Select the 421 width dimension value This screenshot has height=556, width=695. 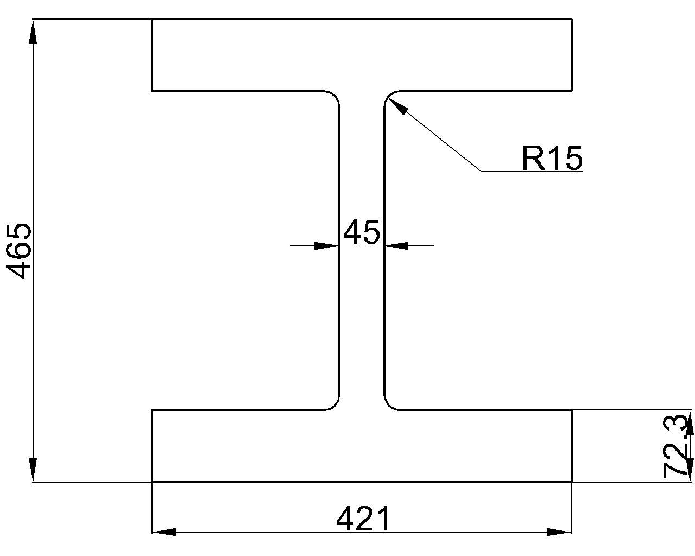coord(363,520)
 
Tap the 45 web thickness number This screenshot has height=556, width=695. coord(362,232)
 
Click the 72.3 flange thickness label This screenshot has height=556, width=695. coord(675,447)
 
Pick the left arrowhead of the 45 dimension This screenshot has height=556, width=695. coord(327,246)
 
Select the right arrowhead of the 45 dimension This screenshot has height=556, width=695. coord(397,246)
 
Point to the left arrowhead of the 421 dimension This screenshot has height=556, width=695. coord(163,532)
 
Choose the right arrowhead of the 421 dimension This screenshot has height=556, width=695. coord(559,532)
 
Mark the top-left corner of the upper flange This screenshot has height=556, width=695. coord(152,20)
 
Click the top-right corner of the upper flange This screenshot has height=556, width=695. coord(572,20)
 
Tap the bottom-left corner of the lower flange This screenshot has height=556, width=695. coord(152,482)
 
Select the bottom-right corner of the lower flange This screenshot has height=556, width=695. coord(572,482)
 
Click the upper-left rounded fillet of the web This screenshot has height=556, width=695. coord(335,95)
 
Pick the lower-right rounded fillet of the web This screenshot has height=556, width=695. coord(389,405)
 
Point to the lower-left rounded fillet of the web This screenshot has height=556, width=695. coord(335,405)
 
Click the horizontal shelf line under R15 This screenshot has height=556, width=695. coord(532,172)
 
